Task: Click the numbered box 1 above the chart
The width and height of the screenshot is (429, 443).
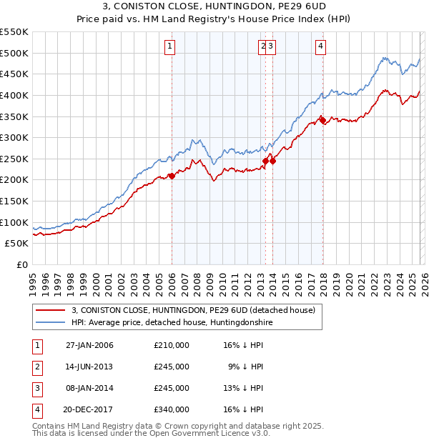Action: [171, 46]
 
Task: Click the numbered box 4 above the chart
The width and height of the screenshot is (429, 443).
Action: [321, 46]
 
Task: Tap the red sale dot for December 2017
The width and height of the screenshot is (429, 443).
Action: [322, 120]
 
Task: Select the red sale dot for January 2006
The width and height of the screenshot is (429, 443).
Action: [172, 175]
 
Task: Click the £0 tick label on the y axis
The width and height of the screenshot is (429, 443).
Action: [22, 264]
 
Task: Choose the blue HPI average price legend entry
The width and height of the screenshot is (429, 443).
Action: [172, 323]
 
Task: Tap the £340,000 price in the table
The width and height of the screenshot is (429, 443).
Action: [172, 410]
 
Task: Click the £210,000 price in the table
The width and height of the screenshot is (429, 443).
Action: [172, 346]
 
